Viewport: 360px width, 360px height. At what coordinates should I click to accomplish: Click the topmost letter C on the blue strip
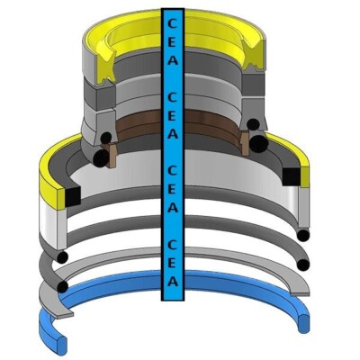click(x=172, y=23)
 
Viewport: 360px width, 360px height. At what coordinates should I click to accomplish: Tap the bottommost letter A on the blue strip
click(x=172, y=282)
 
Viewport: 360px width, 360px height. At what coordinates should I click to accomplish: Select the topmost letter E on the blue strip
click(x=173, y=42)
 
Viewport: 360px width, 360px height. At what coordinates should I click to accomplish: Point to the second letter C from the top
click(x=172, y=97)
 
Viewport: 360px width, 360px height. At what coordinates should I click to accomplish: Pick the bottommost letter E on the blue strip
click(x=173, y=264)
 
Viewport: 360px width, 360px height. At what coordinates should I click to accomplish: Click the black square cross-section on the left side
click(x=73, y=196)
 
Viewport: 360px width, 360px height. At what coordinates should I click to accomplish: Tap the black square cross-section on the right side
click(x=292, y=176)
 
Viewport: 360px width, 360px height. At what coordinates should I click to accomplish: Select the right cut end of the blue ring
click(x=304, y=323)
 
